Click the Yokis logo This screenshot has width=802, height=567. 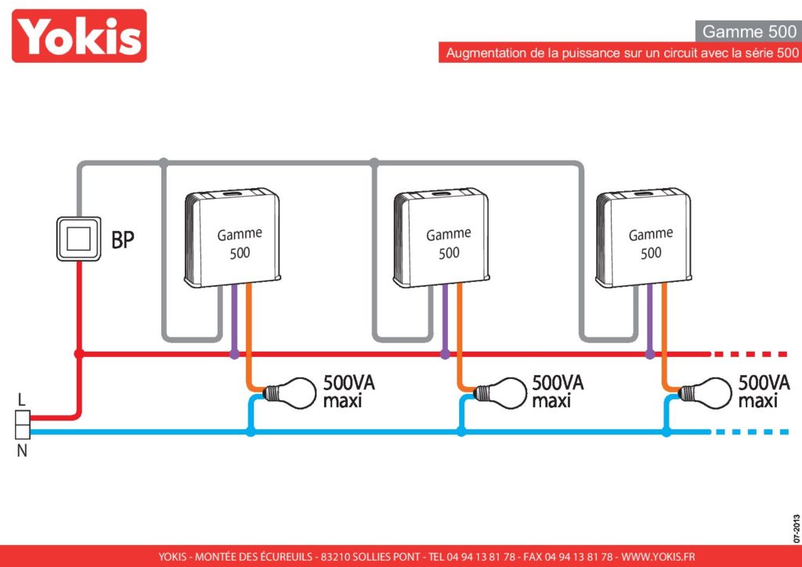tap(79, 36)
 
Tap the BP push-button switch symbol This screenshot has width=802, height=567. tap(78, 239)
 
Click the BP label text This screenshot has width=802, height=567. tap(123, 240)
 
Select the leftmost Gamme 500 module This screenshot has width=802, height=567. tap(232, 238)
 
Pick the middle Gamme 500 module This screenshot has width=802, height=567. tap(441, 238)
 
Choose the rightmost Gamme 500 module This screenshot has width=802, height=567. tap(644, 238)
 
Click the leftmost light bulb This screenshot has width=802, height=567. tap(290, 392)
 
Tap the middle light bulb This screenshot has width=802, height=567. tap(500, 392)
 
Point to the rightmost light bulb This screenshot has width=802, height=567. tap(705, 392)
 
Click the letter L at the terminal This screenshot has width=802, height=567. tap(21, 400)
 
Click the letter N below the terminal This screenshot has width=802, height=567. tap(22, 451)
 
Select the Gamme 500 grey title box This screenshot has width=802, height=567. tap(748, 31)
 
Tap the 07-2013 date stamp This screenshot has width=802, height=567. tap(797, 528)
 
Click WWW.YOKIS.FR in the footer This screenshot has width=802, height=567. tap(658, 557)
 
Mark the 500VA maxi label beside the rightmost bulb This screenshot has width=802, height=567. tap(764, 392)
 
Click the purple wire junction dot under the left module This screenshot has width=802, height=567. tap(234, 354)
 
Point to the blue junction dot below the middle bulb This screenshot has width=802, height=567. tap(461, 432)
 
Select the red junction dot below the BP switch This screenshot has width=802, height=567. tap(79, 354)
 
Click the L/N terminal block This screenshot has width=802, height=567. tap(23, 425)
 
